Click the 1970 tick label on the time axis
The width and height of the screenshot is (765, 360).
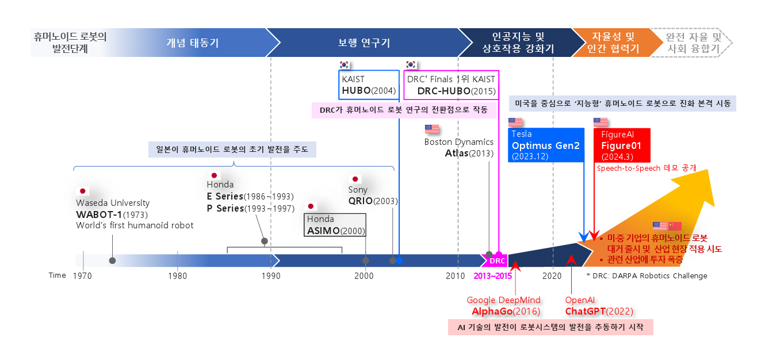click(x=83, y=276)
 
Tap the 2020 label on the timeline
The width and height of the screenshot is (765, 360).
click(x=552, y=276)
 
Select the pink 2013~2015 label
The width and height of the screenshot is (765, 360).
click(x=492, y=276)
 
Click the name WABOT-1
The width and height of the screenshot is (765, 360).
click(x=99, y=214)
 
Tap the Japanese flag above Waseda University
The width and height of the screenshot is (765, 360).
click(x=83, y=191)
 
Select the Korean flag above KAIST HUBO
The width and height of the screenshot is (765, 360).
click(x=345, y=64)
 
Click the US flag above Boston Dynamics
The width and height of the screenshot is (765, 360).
click(x=431, y=129)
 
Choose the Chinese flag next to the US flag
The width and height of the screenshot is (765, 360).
click(x=675, y=226)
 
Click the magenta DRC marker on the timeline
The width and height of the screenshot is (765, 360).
click(x=497, y=261)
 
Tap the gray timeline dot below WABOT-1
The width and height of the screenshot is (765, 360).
click(x=112, y=261)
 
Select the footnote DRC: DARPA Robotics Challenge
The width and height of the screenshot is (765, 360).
click(x=647, y=276)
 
